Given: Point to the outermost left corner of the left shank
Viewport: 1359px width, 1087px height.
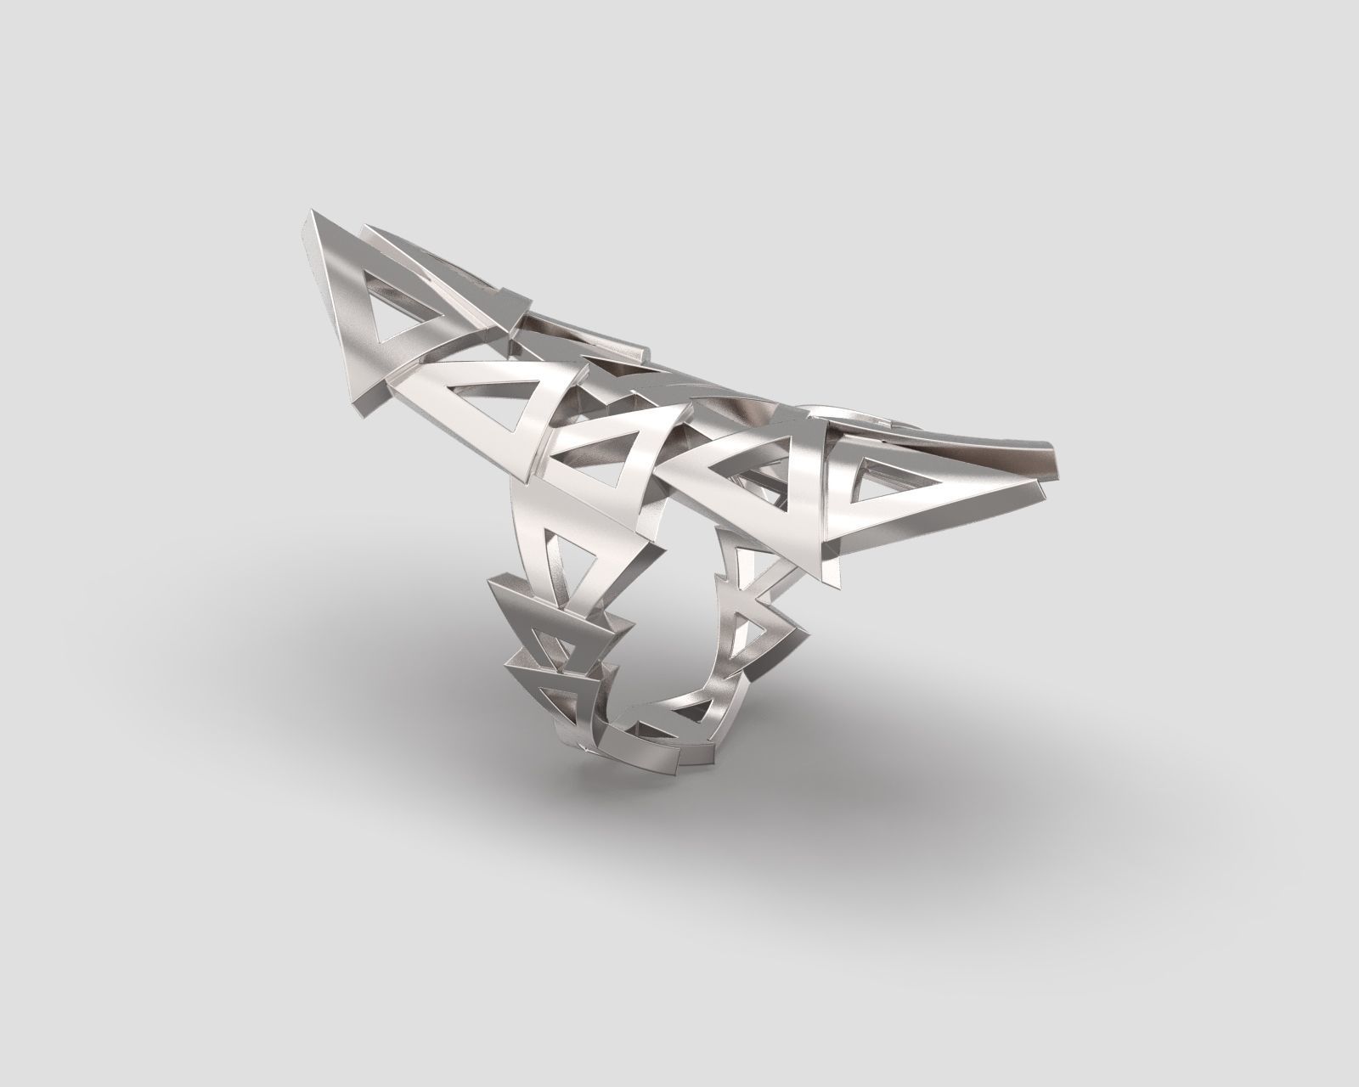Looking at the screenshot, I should (491, 585).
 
